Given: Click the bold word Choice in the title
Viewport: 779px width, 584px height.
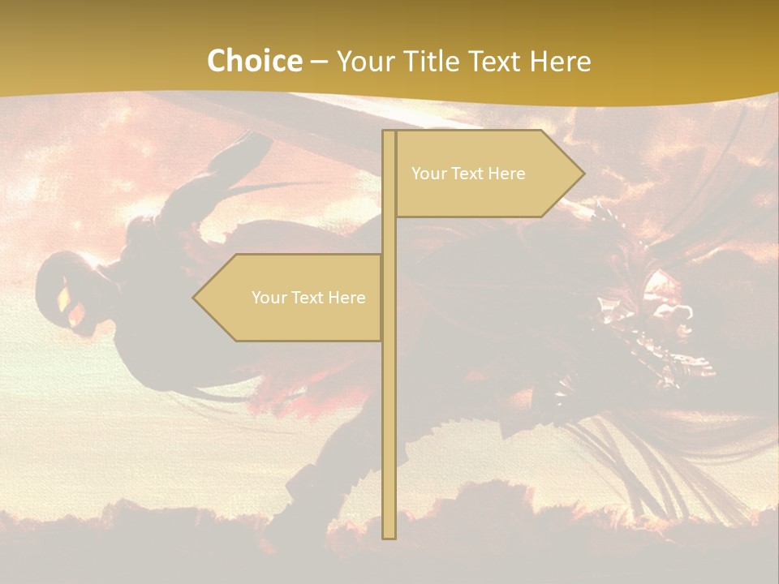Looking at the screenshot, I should tap(254, 61).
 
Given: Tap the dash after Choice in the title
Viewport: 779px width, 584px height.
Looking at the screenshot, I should tap(319, 62).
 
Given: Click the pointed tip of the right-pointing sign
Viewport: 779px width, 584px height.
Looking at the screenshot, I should tap(583, 173).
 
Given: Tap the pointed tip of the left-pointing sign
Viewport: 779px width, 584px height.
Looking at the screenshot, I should tap(195, 298).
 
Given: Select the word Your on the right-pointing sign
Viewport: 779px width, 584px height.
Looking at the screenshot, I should tap(428, 174).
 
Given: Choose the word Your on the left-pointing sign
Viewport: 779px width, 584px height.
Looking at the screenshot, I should tap(268, 298).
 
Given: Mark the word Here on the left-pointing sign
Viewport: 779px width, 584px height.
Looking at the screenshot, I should tap(346, 298).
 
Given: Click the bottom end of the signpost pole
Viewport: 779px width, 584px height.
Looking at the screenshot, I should tap(389, 536).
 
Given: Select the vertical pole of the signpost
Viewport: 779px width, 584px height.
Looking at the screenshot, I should tap(389, 406).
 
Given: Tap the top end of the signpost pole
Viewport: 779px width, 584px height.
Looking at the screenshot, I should tap(389, 132).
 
